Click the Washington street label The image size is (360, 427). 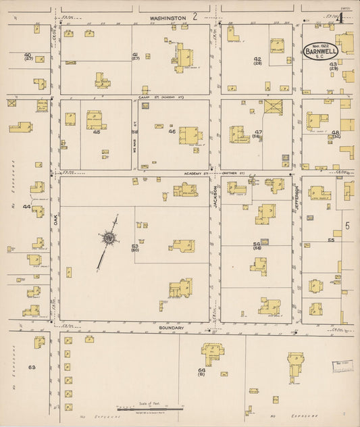click(x=163, y=18)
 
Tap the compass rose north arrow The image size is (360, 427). click(x=108, y=237)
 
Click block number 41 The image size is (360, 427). click(x=135, y=55)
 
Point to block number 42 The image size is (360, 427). click(x=257, y=59)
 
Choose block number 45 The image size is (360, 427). click(x=97, y=132)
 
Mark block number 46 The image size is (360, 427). click(x=172, y=132)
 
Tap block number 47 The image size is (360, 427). click(x=258, y=132)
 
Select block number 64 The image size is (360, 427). click(x=201, y=370)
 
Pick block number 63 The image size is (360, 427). click(x=32, y=367)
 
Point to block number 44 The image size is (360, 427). click(x=26, y=206)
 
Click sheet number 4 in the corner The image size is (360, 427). click(x=342, y=18)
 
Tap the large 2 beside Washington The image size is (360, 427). click(x=195, y=16)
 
